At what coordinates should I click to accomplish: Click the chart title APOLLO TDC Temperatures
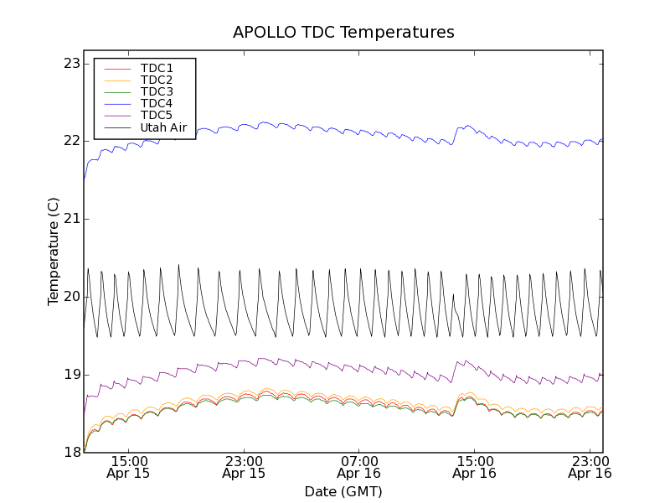pos(343,33)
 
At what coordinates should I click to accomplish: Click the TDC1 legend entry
pos(157,68)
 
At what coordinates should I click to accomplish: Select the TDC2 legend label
pos(157,80)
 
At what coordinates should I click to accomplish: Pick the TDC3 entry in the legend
pos(157,91)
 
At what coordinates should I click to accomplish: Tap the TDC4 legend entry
pos(157,103)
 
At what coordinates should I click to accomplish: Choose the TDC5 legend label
pos(157,115)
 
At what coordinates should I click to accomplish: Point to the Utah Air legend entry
pos(163,127)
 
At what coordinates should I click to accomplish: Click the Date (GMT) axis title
pos(343,491)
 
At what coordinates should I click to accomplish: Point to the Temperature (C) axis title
pos(54,251)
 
